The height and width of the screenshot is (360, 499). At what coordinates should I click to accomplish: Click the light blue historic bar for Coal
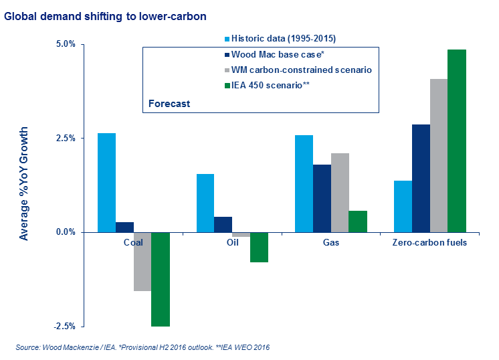(107, 183)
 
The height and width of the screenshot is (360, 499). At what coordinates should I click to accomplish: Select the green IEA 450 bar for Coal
(161, 279)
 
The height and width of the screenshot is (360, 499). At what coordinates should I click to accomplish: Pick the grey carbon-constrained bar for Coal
(142, 262)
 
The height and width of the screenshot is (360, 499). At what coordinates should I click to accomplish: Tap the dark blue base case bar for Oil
(223, 224)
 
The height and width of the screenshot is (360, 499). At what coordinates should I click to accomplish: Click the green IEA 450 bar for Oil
(259, 247)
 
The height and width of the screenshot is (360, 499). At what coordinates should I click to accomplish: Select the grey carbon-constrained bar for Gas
(340, 193)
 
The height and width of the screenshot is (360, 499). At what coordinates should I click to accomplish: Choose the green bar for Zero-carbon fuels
(457, 141)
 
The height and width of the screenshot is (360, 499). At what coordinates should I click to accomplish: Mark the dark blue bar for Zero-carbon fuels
(421, 178)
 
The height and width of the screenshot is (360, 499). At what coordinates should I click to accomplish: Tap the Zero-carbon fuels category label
(429, 242)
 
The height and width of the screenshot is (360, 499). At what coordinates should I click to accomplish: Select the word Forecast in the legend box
(169, 104)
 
